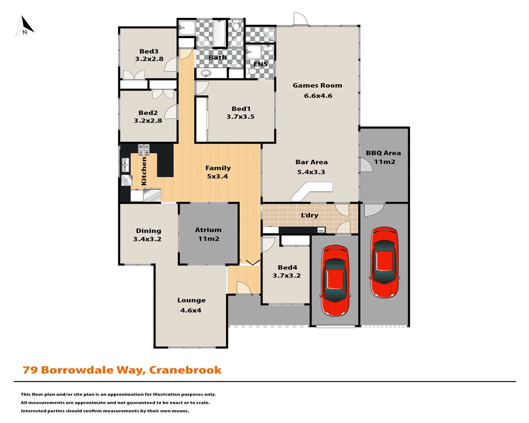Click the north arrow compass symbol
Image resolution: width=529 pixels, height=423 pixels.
point(25,26)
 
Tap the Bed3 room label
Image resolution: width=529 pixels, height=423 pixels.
point(149,51)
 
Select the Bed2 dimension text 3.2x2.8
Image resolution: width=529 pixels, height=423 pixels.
point(148,121)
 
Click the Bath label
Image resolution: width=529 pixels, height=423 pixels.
point(217,58)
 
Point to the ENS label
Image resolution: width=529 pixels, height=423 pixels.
point(261,64)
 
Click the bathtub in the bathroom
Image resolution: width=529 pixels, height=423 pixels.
point(219,33)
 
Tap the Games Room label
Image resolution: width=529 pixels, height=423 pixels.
point(317,85)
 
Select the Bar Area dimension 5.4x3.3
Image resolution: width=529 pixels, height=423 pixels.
point(311,172)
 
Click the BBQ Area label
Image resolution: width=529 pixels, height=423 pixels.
point(383,153)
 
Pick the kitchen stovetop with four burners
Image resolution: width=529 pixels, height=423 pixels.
point(144,149)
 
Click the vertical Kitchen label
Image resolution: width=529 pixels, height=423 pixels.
point(144,171)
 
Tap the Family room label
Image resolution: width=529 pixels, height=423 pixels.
point(218,168)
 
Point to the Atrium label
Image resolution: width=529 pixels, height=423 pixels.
point(208,230)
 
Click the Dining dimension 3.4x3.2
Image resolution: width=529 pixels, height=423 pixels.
point(147,239)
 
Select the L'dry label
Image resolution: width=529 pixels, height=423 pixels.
point(310,215)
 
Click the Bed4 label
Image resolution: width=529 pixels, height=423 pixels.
point(287,268)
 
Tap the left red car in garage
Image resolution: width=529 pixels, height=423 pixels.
point(335,280)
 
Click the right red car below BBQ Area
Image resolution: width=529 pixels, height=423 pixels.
point(384,262)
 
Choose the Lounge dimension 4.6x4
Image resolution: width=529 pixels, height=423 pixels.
point(191,311)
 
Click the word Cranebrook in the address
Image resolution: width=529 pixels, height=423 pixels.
point(185,370)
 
